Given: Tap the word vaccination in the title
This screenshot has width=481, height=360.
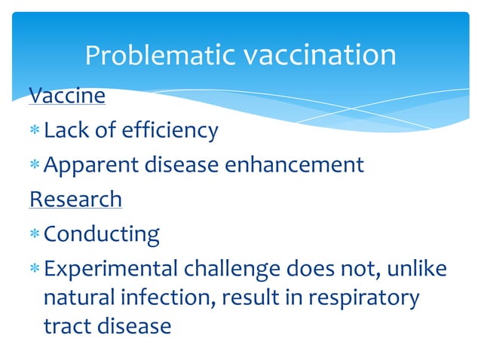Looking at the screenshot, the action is tap(320, 55).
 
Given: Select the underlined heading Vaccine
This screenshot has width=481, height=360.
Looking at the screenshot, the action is tap(67, 96).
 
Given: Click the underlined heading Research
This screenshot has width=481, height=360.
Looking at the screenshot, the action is tap(76, 199).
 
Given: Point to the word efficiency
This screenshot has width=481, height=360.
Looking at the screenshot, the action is tap(170, 131).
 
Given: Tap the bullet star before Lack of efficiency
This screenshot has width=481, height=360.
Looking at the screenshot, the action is tap(35, 130).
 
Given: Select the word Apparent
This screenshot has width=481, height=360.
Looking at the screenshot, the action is tap(91, 166).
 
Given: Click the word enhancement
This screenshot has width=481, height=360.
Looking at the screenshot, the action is tap(295, 164).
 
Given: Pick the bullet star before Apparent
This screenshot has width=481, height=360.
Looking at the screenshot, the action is tap(35, 164).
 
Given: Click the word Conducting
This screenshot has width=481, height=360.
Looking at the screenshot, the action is tap(102, 235).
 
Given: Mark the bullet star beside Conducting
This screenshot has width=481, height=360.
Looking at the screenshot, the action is tap(35, 233).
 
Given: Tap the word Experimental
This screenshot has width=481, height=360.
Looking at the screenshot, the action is tap(111, 270).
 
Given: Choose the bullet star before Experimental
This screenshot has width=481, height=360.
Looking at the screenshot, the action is tap(35, 268).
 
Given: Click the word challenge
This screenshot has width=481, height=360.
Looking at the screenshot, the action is tap(232, 270).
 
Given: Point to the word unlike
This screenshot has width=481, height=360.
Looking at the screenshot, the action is tap(417, 268).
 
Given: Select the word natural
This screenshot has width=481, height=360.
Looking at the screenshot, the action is tap(79, 297).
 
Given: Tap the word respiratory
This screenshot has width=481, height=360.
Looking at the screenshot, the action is tap(364, 298).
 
